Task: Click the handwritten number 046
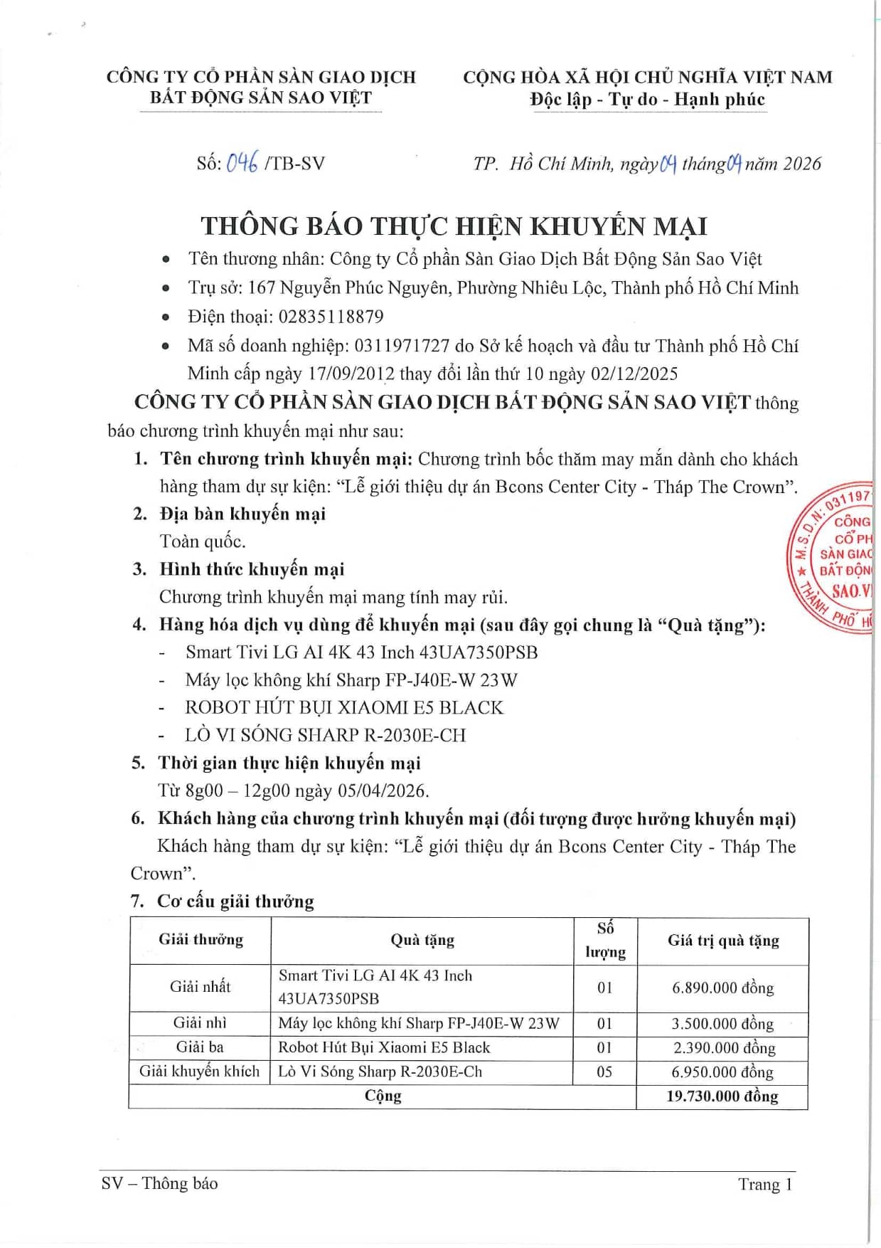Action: point(242,163)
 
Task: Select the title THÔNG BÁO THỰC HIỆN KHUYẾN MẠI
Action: point(454,226)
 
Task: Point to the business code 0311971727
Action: point(402,346)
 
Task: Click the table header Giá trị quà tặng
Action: point(723,941)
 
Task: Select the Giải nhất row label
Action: point(200,987)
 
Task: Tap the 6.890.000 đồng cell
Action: point(722,988)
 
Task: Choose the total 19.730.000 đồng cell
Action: point(722,1096)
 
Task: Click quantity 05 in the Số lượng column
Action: point(604,1072)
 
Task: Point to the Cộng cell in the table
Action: point(383,1096)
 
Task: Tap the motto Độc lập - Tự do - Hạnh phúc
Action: point(647,100)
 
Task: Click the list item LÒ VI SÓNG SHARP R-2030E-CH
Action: point(325,735)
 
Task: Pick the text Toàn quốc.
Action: point(203,541)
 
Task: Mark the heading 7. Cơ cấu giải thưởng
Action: point(222,901)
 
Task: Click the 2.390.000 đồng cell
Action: point(723,1047)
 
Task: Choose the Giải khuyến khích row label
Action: point(200,1072)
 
